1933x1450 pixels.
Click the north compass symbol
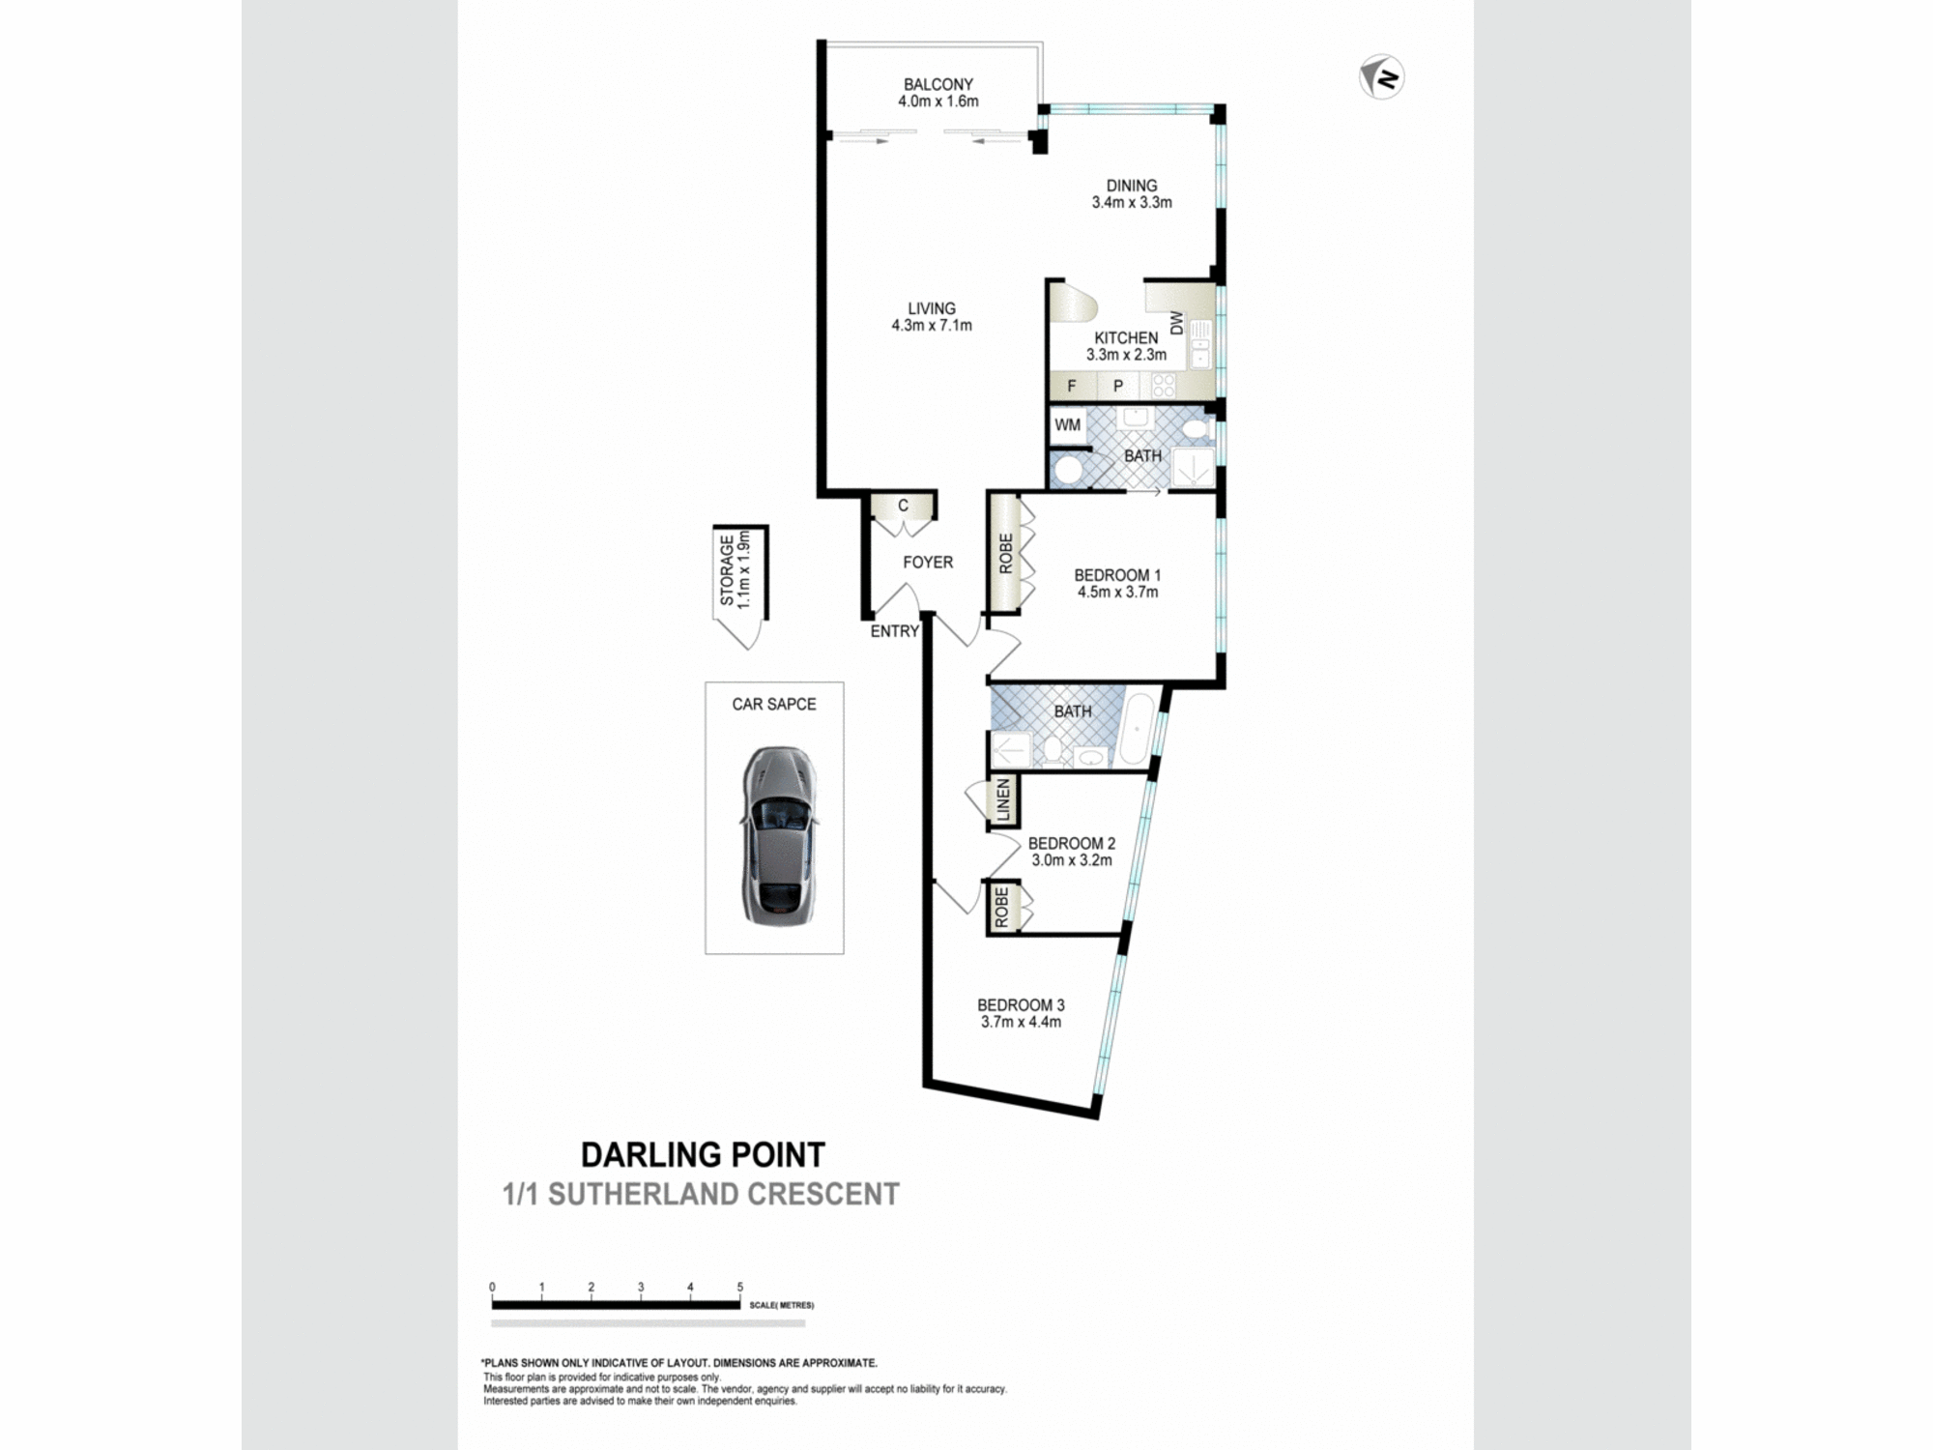1381,77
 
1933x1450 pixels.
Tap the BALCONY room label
938,85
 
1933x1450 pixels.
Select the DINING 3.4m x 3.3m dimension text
1132,203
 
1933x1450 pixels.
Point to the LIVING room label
932,308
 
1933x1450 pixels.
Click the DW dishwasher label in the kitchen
1176,323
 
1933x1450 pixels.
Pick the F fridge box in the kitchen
1072,386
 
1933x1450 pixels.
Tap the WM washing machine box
1068,425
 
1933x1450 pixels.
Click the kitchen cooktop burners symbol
1163,386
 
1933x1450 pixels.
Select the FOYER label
928,563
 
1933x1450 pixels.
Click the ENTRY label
894,631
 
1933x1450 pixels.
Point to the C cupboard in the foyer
903,506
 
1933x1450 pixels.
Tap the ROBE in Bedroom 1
1005,554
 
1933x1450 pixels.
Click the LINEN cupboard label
1003,800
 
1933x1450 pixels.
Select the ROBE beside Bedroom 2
1001,908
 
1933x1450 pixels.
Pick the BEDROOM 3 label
1021,1005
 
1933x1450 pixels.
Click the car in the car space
779,836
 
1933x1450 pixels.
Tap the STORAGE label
727,570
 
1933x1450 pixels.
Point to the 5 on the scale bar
740,1287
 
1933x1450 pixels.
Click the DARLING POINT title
703,1154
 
